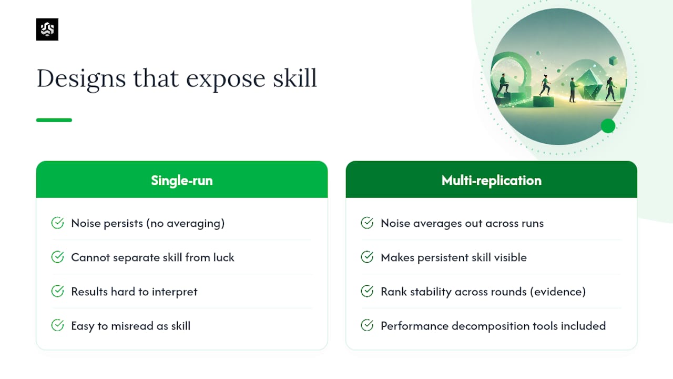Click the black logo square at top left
coord(47,29)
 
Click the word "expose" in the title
coord(226,79)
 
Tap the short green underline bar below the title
coord(54,120)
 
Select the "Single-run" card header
coord(182,179)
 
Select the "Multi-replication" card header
coord(492,179)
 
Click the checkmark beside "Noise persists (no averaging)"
coord(57,223)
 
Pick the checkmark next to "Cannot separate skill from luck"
coord(57,257)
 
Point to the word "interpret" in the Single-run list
coord(175,292)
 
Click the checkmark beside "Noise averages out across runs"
coord(367,223)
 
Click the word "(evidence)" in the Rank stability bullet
coord(558,292)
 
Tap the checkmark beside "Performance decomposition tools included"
coord(367,325)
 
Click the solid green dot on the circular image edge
coord(608,126)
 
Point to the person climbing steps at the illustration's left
coord(503,85)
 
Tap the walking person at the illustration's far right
coord(610,89)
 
